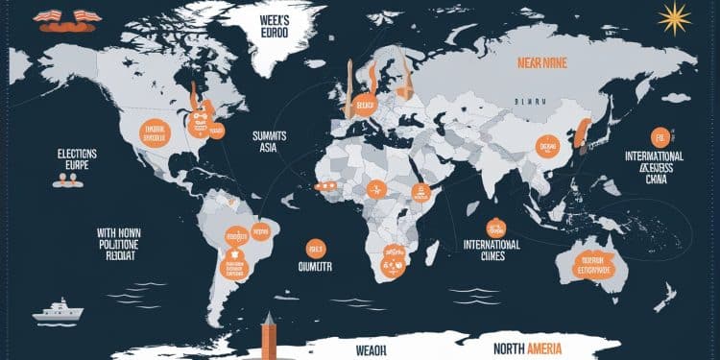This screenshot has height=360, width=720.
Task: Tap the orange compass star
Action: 676,17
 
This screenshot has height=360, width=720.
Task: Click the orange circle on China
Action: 546,146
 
